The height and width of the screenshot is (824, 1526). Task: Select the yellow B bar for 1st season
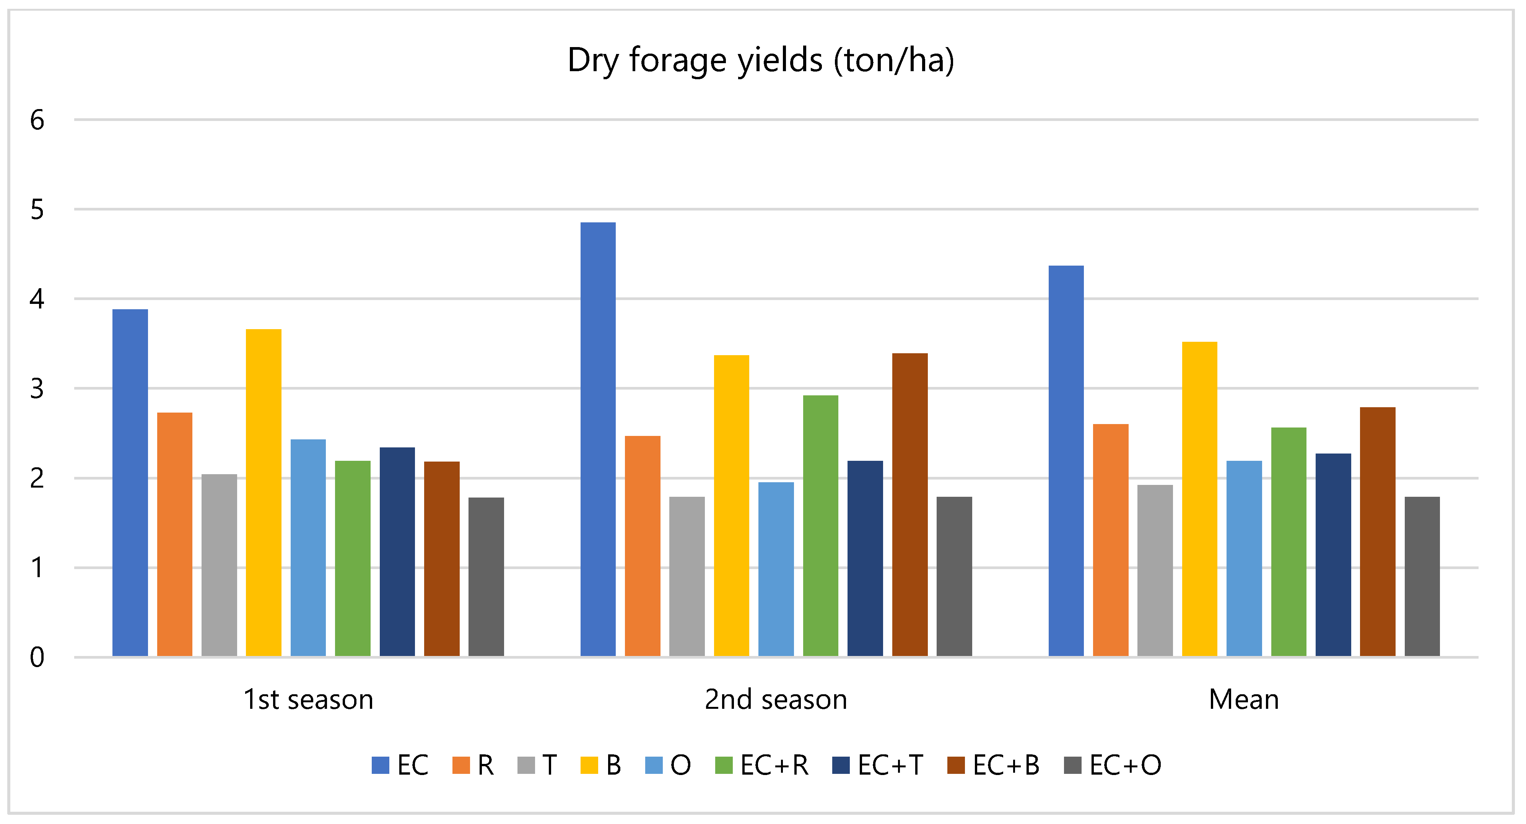[264, 493]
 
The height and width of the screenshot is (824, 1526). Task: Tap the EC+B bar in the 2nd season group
[909, 504]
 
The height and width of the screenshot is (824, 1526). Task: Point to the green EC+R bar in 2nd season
[820, 525]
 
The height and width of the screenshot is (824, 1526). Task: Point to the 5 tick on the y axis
[37, 210]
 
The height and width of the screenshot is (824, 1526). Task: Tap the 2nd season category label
[776, 700]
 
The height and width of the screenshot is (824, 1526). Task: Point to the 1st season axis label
[308, 700]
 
